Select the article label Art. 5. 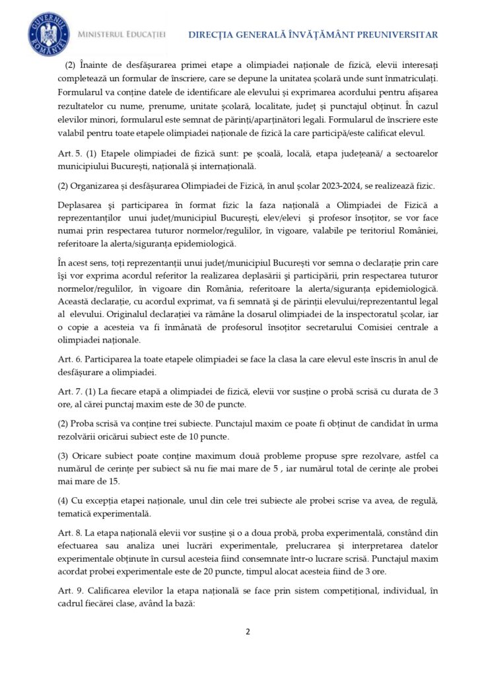69,154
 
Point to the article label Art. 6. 69,359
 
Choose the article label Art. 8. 69,532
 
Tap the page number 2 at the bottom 248,631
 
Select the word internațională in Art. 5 222,166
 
